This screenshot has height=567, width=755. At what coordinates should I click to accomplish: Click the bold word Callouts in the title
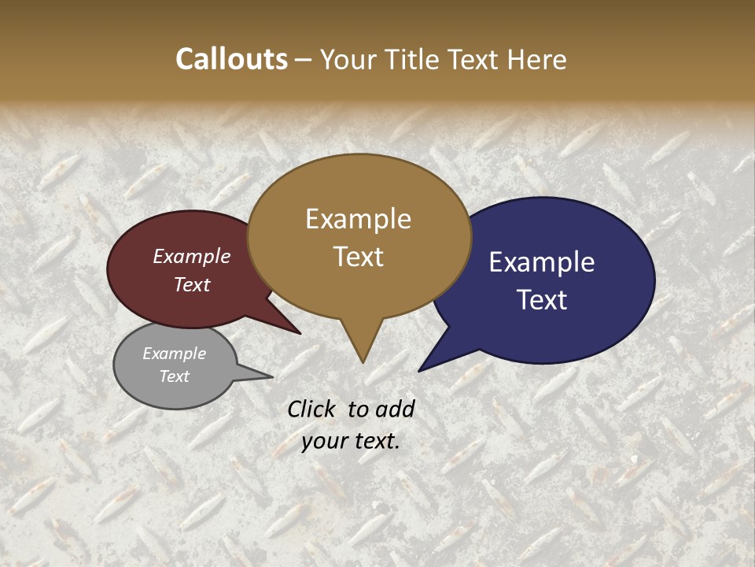click(x=231, y=59)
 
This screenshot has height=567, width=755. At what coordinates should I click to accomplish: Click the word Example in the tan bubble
click(x=358, y=219)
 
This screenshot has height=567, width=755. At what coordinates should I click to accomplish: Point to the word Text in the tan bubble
click(x=358, y=256)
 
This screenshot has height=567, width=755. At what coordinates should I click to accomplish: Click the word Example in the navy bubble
click(x=542, y=262)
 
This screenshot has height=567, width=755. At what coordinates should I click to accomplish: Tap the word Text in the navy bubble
click(x=542, y=299)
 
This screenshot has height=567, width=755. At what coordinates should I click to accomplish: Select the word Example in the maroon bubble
click(x=192, y=256)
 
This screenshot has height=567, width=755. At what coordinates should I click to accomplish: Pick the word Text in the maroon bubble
click(x=192, y=284)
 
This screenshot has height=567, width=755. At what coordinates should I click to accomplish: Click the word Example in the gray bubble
click(x=175, y=354)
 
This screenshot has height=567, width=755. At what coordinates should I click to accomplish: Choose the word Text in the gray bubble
click(x=175, y=376)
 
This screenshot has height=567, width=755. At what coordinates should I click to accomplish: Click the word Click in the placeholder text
click(x=313, y=409)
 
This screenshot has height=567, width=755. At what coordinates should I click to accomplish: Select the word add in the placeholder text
click(x=396, y=409)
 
